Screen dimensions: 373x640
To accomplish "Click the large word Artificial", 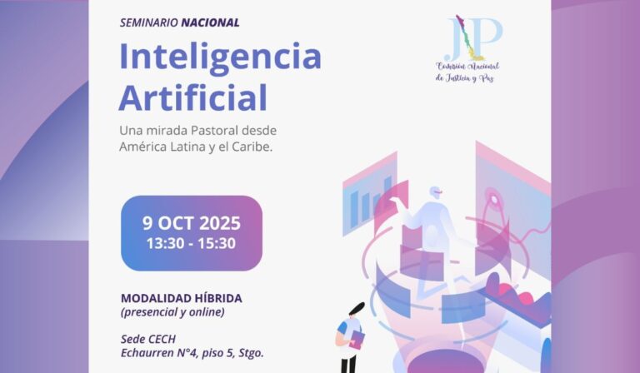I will coord(192,97).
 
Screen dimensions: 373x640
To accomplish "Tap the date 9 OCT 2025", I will coord(191,223).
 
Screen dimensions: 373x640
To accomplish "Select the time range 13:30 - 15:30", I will coord(191,244).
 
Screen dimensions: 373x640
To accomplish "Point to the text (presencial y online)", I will coord(172,312).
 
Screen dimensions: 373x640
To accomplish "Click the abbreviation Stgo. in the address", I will coord(250,353).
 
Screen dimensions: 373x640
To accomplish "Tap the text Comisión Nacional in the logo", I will coord(467,66).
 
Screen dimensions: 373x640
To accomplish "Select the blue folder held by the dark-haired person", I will coord(357,338).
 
